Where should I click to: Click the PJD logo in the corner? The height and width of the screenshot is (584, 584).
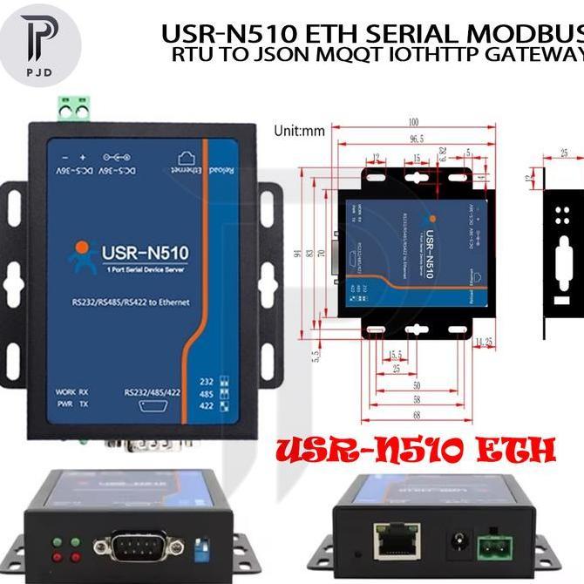click(41, 44)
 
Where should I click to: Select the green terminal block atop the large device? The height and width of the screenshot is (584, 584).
click(76, 110)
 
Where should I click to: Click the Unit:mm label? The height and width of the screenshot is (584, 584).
click(298, 132)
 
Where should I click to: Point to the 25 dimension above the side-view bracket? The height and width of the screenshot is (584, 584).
click(563, 153)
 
